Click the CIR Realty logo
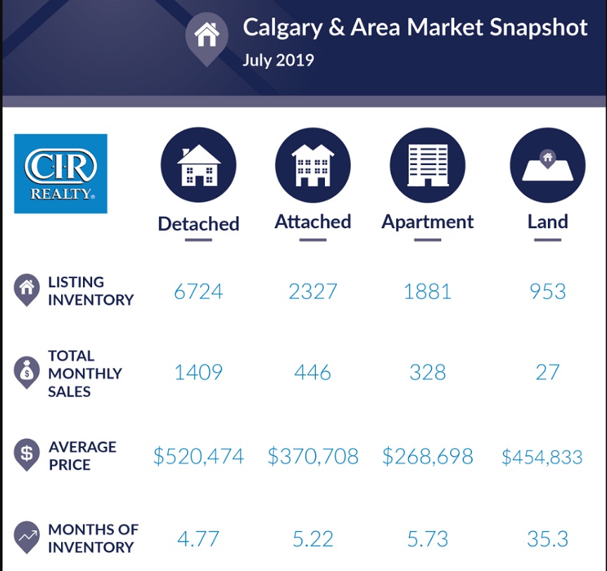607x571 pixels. (x=60, y=173)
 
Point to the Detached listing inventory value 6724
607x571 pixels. (x=198, y=291)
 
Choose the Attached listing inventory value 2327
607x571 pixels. (x=313, y=291)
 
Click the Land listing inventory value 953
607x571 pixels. (x=547, y=291)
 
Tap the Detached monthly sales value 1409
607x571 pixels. (x=198, y=372)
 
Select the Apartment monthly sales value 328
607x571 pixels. (x=428, y=372)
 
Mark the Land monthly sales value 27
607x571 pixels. (x=547, y=372)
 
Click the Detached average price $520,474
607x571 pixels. (x=198, y=457)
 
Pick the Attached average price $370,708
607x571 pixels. (x=313, y=457)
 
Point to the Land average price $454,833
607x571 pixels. (x=542, y=457)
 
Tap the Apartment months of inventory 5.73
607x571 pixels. (x=428, y=539)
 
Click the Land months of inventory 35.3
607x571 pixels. (x=547, y=539)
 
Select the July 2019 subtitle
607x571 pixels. (x=278, y=60)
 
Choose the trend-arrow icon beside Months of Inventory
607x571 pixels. (x=26, y=537)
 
